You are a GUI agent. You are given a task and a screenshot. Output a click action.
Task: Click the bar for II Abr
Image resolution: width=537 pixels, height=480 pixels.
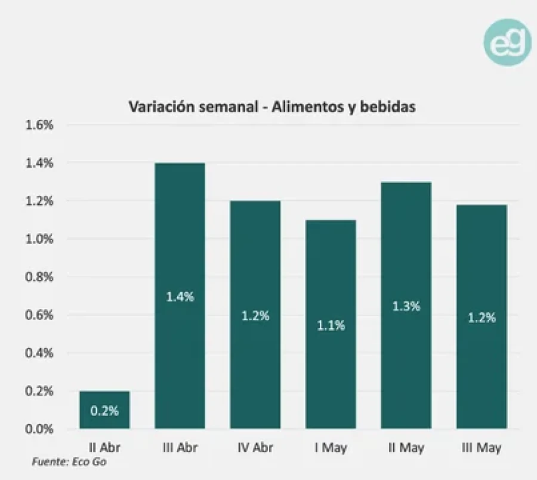104,410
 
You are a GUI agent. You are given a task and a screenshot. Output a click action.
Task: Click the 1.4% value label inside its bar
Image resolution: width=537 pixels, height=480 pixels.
180,297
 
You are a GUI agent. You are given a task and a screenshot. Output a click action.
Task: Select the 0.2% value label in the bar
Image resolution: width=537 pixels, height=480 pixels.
104,411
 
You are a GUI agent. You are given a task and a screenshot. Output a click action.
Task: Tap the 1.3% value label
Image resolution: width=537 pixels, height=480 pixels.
406,306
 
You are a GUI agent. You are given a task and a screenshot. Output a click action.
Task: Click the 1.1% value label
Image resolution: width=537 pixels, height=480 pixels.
331,325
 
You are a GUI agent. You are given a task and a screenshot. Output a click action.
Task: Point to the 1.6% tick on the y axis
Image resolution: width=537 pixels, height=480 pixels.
39,125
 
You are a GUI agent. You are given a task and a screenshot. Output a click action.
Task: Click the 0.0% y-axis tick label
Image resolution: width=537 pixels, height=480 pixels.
39,429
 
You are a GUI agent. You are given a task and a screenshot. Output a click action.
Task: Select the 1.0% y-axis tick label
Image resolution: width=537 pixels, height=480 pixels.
39,239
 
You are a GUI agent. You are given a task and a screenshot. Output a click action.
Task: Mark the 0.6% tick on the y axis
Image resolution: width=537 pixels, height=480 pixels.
39,315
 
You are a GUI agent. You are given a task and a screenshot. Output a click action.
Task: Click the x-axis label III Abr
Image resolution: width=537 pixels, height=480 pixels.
180,448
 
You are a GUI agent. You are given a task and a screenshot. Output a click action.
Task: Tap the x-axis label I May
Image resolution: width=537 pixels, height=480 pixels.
331,448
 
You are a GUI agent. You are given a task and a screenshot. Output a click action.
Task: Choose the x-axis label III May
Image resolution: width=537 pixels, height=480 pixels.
482,448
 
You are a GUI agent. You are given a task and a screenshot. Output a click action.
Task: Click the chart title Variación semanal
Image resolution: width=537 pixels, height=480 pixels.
271,107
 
